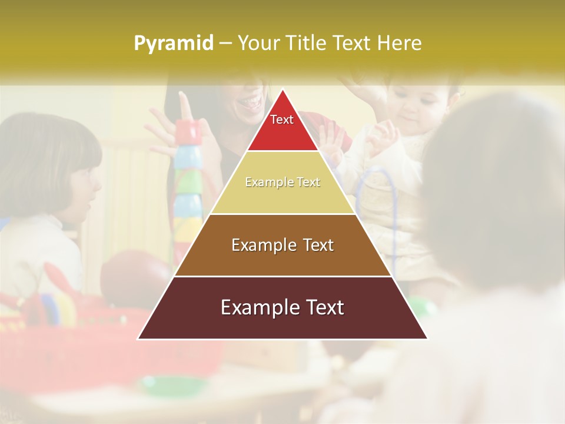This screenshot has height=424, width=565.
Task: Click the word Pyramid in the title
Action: [174, 44]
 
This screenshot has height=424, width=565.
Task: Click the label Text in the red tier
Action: [282, 120]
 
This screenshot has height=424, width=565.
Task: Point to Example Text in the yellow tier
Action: [282, 183]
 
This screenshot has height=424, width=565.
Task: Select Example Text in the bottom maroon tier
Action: [282, 307]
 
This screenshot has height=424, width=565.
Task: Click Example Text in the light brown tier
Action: [282, 245]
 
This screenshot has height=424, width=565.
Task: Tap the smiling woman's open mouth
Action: [250, 104]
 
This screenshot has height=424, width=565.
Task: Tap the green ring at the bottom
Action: [171, 386]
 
